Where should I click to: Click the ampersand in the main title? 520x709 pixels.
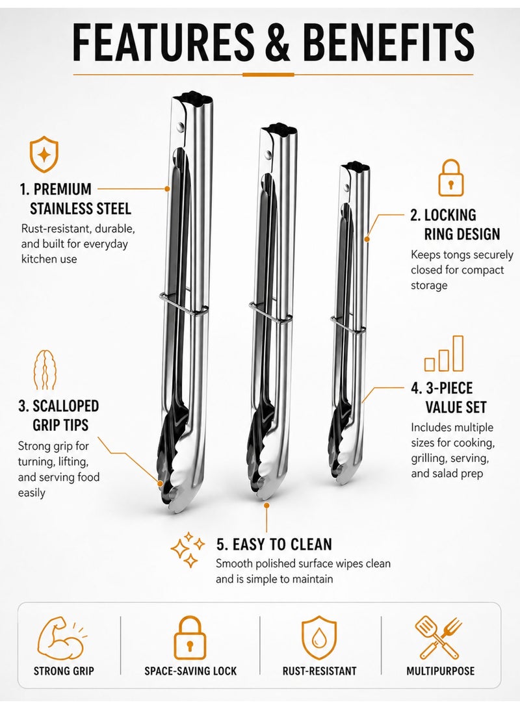274,41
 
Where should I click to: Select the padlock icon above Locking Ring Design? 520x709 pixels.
451,177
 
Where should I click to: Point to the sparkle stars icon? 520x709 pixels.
187,549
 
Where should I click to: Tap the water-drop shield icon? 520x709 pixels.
319,637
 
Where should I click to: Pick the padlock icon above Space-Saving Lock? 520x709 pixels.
190,637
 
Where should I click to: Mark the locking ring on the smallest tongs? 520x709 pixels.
347,325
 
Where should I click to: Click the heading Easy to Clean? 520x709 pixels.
274,545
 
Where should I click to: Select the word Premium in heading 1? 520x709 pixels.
62,189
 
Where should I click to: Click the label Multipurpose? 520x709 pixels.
440,671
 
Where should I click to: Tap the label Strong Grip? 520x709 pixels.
64,671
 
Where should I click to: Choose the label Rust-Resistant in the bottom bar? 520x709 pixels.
319,671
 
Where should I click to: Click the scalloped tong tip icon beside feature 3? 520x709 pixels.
45,370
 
